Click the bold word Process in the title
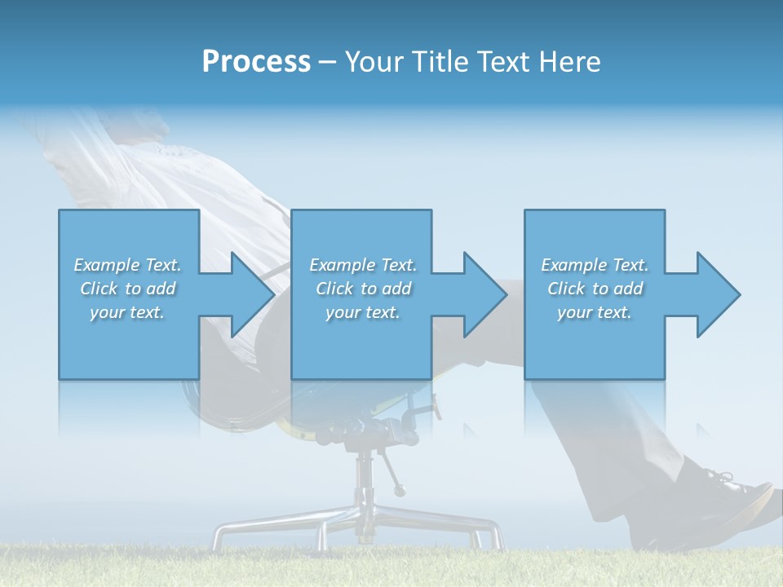[256, 61]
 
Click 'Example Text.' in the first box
[128, 265]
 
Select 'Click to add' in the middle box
[363, 289]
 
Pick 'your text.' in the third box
[595, 312]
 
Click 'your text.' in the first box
[128, 312]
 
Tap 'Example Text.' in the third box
[595, 265]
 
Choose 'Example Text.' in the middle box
[363, 265]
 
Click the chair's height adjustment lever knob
[399, 491]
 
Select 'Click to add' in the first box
[128, 289]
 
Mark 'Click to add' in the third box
[595, 289]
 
